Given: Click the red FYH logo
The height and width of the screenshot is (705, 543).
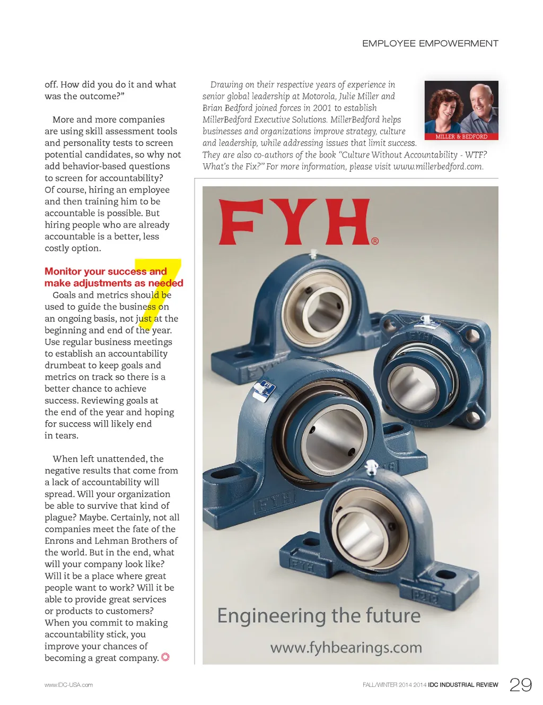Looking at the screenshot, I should [x=295, y=222].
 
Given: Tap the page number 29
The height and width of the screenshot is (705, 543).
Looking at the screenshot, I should [x=520, y=685].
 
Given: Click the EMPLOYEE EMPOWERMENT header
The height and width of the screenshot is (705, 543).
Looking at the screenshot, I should [x=430, y=43].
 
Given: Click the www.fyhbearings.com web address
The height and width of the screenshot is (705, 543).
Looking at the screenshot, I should [x=346, y=648].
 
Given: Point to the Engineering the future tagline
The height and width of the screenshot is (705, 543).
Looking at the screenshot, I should [x=319, y=616].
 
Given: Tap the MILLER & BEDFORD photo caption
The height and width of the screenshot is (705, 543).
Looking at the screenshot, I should [x=461, y=136].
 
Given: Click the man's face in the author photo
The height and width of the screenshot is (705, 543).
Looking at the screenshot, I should [x=479, y=101].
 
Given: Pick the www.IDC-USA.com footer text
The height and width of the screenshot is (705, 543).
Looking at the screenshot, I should [x=68, y=685].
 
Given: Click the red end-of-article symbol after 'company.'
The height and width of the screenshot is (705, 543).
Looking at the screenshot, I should [x=165, y=657].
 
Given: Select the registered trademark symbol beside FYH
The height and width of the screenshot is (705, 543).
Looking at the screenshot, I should [x=375, y=241].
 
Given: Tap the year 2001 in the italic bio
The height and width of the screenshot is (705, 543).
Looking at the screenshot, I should [x=322, y=108].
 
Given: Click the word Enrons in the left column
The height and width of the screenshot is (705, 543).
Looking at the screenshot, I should [x=59, y=541].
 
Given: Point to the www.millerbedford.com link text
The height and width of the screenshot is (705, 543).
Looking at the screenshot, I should [x=437, y=167].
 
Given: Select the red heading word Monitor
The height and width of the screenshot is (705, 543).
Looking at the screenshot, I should [x=63, y=272].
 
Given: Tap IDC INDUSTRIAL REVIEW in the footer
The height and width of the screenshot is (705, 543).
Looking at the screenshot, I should [x=463, y=685].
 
